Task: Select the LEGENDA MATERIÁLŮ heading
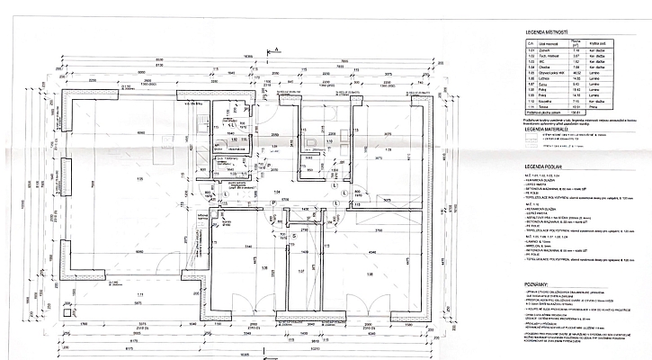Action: [549, 130]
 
